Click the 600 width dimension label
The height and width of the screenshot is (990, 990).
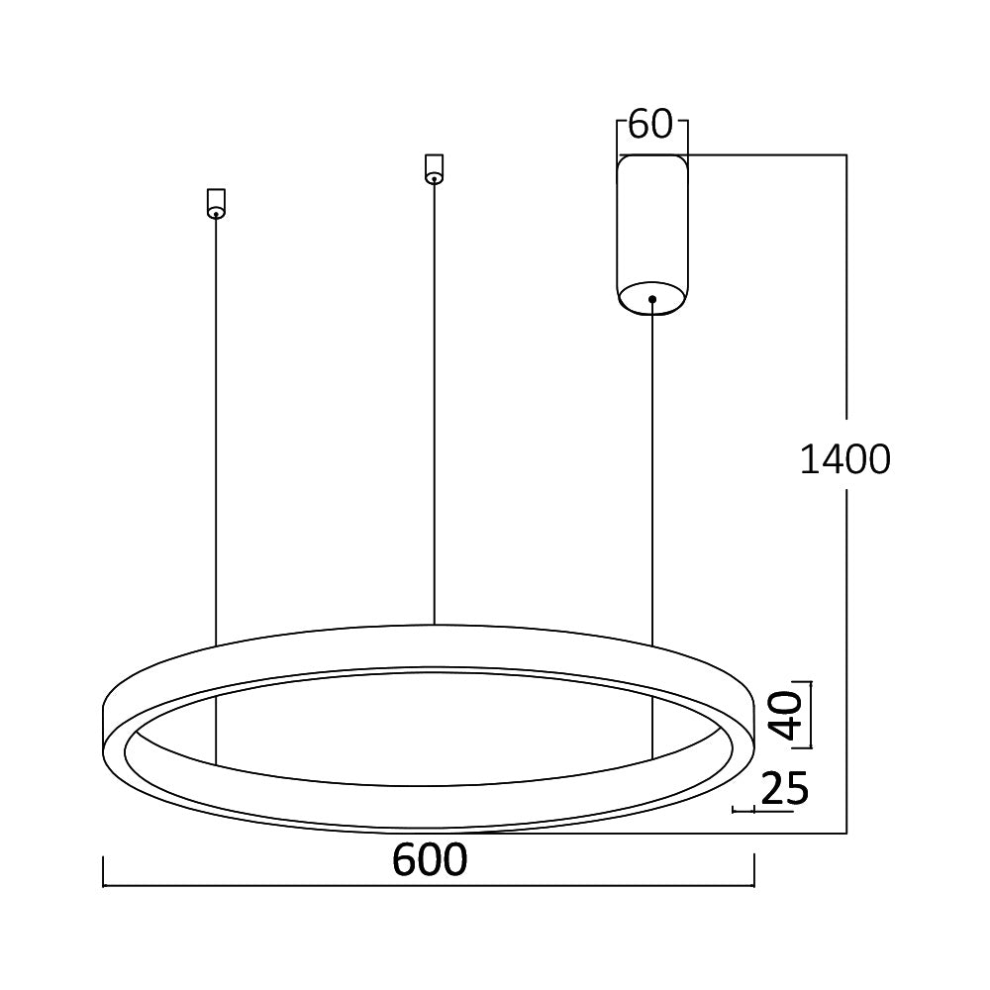pos(429,860)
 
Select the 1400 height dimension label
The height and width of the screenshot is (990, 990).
pos(844,460)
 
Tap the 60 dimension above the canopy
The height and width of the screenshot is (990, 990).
pos(650,125)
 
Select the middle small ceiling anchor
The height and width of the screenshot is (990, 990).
pos(433,168)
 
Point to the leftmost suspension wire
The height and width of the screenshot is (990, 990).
pos(216,426)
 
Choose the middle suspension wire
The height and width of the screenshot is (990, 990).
pos(434,396)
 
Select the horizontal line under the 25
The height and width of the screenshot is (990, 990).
pos(763,811)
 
